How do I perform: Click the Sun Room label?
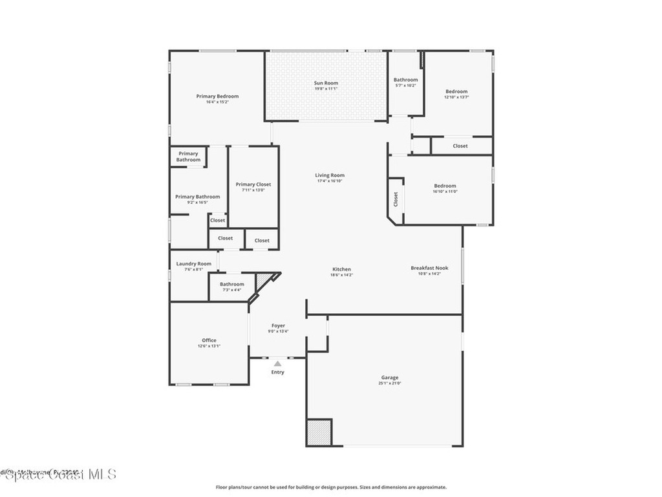(x=326, y=83)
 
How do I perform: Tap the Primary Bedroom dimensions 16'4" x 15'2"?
(x=218, y=102)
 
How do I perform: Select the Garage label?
(x=389, y=377)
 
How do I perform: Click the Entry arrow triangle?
(x=277, y=364)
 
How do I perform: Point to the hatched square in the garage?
(x=319, y=432)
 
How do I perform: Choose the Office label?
(x=209, y=340)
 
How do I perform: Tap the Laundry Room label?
(x=194, y=263)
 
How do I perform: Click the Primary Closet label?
(x=253, y=184)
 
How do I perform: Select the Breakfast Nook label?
(x=429, y=268)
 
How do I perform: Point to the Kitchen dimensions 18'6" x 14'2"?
(x=341, y=275)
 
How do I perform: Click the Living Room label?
(x=330, y=175)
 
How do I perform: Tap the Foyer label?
(x=278, y=326)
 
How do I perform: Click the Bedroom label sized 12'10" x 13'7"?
(x=456, y=91)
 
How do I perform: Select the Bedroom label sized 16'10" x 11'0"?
(x=445, y=186)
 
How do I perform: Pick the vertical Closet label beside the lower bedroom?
(x=396, y=199)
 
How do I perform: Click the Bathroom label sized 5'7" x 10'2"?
(x=405, y=80)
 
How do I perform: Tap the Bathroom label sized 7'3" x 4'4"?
(x=231, y=284)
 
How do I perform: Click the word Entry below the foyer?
(x=277, y=372)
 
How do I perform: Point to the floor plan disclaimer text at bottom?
(x=330, y=487)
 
